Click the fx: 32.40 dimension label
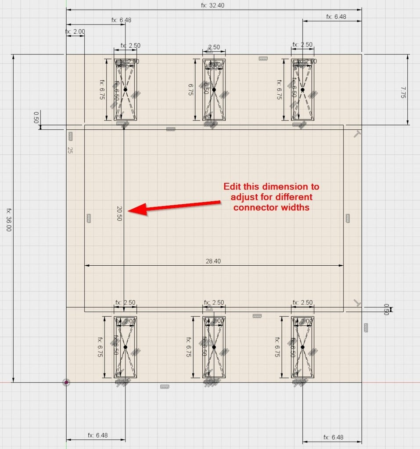coord(213,5)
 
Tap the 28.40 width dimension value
coord(213,261)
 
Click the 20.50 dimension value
coord(119,213)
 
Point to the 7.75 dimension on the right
coord(402,92)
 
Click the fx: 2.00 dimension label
coord(75,32)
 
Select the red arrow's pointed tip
coord(128,211)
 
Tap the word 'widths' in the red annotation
coord(297,207)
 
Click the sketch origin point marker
coord(66,382)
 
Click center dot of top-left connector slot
coord(125,89)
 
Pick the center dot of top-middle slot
coord(214,89)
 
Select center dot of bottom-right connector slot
coord(302,347)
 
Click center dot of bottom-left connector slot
coord(125,347)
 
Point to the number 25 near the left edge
coord(70,150)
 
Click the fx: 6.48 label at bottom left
coord(97,435)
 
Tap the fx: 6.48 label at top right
coord(336,17)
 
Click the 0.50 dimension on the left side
coord(36,118)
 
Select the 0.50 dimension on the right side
coord(386,309)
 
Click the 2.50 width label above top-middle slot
coord(214,47)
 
